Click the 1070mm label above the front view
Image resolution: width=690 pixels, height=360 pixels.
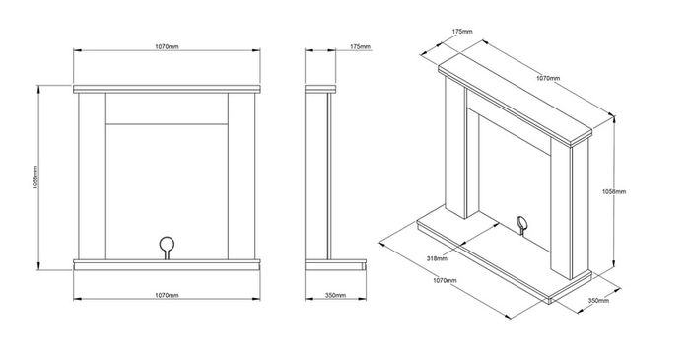167,46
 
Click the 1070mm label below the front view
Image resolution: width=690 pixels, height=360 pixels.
167,295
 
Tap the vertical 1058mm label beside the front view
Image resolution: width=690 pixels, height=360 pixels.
35,178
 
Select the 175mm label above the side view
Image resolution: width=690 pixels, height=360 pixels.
361,46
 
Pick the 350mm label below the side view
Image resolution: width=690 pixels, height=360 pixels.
335,295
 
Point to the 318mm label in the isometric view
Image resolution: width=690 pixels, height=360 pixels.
437,258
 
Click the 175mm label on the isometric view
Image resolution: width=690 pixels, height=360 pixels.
462,32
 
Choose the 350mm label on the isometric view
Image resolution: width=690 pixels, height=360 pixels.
598,301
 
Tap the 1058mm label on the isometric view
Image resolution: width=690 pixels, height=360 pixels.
614,192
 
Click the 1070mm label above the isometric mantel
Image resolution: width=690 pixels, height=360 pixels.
548,78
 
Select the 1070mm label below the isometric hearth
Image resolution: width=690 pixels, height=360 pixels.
445,280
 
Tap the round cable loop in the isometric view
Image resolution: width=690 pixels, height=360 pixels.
521,225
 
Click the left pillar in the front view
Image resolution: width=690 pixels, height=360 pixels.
92,176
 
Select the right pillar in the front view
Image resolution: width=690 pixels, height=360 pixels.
241,176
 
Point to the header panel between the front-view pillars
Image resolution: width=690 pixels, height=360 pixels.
167,108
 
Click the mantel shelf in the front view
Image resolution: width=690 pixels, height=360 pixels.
167,89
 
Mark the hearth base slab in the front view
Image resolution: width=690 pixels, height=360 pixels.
167,264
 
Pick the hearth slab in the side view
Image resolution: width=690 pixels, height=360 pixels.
335,264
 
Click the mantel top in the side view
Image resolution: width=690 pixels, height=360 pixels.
320,89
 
